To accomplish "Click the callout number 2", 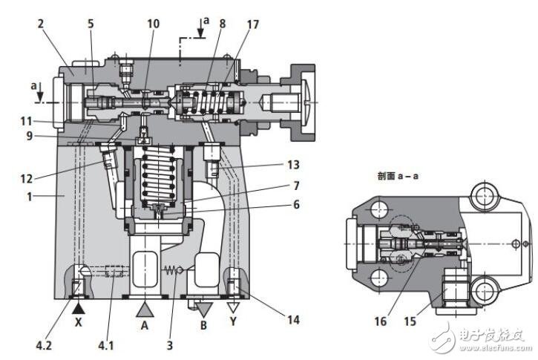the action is [41, 24].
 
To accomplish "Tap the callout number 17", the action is [253, 24].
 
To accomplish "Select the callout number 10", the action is [154, 24].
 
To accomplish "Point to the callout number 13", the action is [293, 165].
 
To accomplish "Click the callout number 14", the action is [293, 320].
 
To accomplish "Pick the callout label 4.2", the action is [44, 345].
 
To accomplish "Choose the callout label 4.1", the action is [106, 345].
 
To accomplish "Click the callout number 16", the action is [381, 321].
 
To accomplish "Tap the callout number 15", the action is [410, 321].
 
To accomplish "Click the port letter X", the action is [79, 322].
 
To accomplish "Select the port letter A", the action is [145, 324].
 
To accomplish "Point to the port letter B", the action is [204, 324].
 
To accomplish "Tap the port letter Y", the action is [233, 321].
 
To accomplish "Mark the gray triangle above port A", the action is [145, 310].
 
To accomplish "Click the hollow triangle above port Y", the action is [234, 307].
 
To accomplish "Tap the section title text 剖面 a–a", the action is [398, 176].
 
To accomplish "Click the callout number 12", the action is [27, 178].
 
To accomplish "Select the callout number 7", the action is [296, 186].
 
